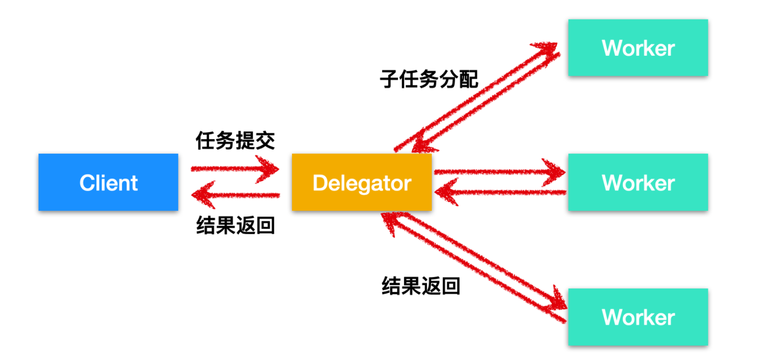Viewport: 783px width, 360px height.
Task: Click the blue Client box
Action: (x=108, y=182)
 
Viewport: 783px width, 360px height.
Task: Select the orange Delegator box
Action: (x=362, y=182)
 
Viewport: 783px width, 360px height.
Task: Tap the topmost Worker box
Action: (x=638, y=48)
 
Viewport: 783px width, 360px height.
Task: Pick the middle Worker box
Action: (x=638, y=182)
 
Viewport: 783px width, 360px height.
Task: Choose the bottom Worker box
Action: (x=638, y=317)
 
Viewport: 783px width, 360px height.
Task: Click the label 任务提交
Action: (x=235, y=141)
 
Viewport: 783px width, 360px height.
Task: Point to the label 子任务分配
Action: (x=429, y=79)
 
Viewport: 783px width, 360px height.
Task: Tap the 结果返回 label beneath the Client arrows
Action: (x=235, y=225)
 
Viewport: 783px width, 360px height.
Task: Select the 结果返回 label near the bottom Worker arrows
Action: (x=421, y=286)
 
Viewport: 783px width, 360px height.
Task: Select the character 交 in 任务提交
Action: (x=265, y=141)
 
